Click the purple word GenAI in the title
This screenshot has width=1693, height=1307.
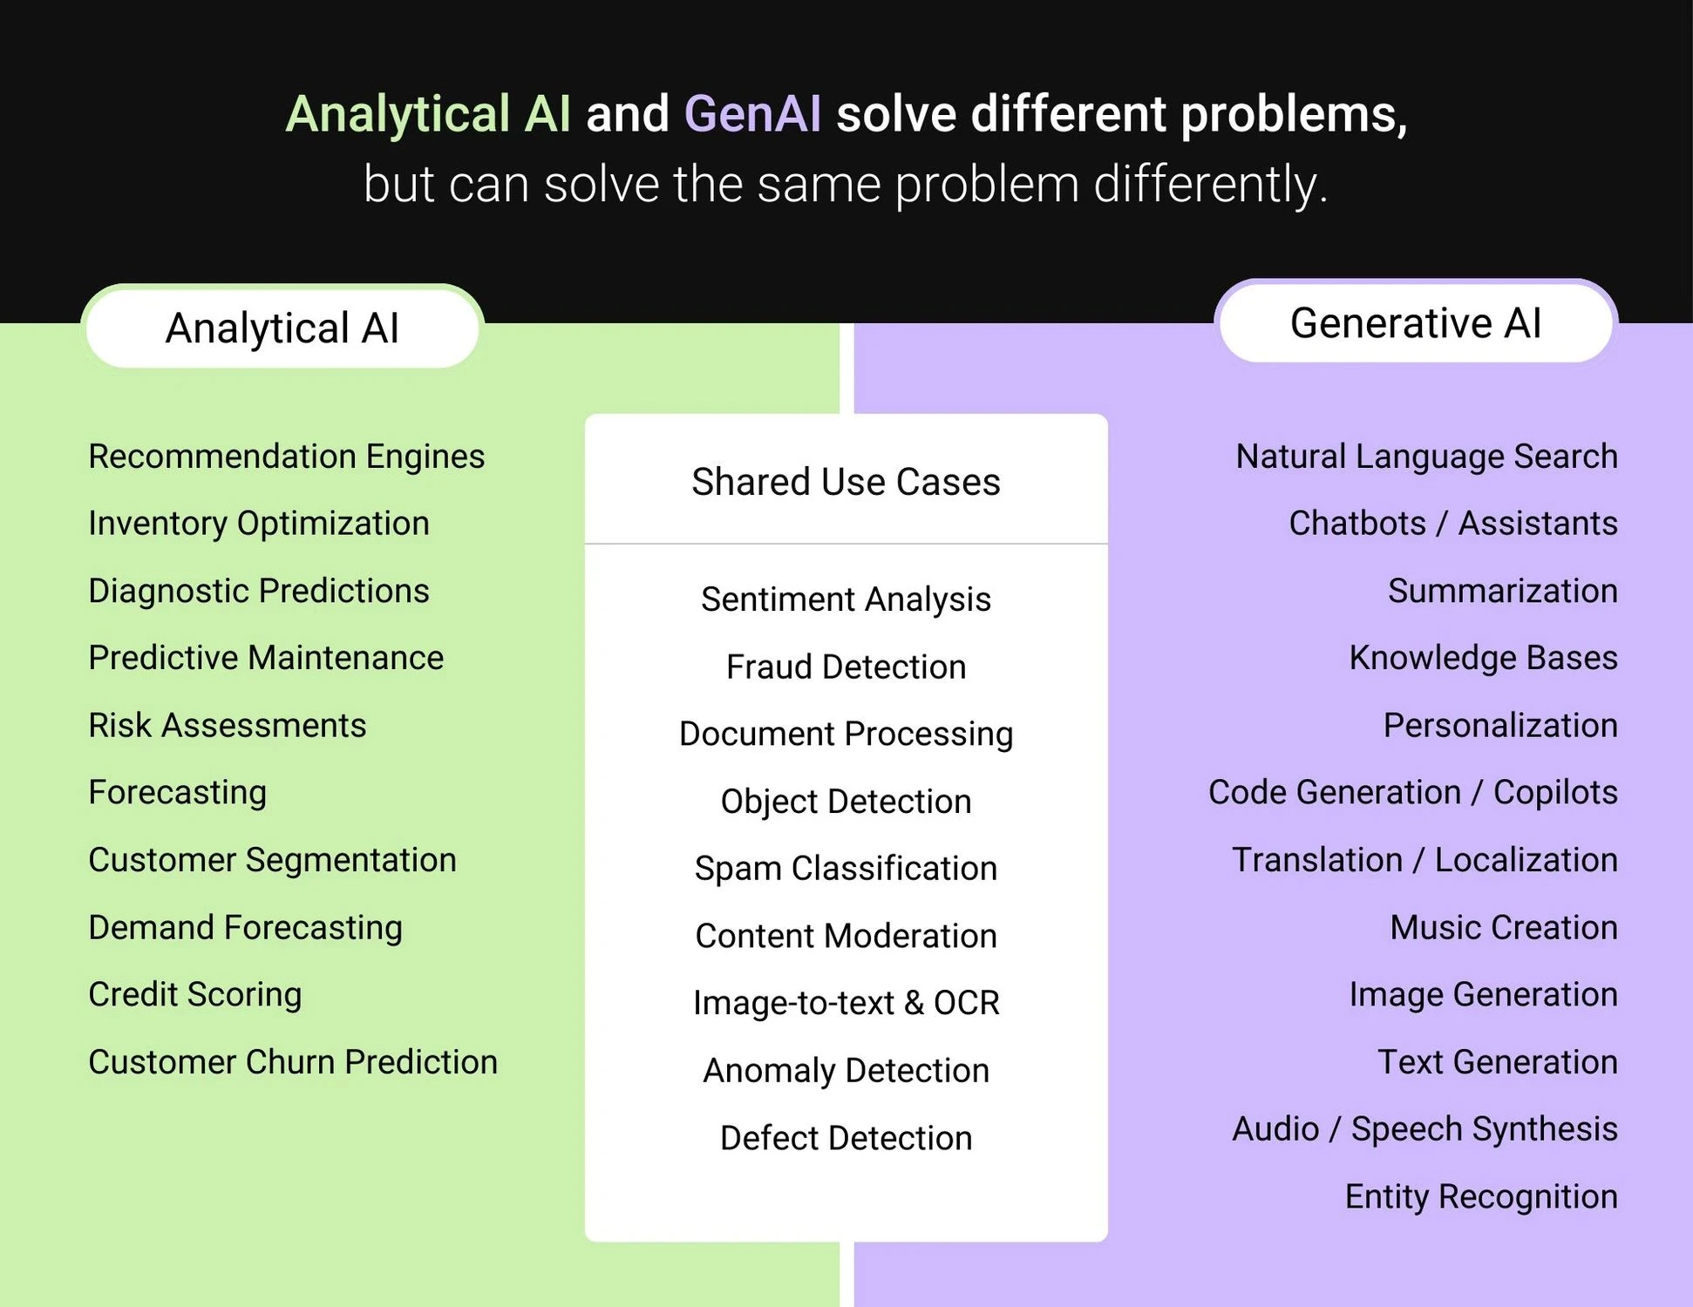coord(752,114)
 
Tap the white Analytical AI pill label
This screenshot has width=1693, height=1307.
coord(282,328)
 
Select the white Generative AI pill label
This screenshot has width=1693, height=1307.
coord(1415,323)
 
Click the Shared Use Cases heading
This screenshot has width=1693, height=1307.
coord(846,482)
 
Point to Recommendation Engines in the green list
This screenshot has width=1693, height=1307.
coord(286,457)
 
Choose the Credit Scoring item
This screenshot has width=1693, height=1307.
coord(195,994)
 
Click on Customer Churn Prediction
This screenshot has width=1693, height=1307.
coord(293,1062)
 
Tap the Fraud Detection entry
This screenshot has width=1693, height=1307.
coord(846,667)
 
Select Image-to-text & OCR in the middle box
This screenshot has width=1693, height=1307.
coord(846,1003)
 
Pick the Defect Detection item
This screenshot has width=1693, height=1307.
coord(846,1138)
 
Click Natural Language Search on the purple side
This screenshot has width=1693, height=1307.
coord(1426,457)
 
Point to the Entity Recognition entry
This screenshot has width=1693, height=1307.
coord(1480,1196)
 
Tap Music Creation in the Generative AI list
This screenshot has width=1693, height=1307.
coord(1503,927)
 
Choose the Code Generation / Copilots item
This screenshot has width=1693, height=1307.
coord(1412,792)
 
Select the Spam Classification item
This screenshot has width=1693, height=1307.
coord(846,869)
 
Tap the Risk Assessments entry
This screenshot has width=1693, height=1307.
coord(228,725)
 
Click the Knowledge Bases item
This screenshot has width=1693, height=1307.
coord(1483,658)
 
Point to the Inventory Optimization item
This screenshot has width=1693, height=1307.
coord(259,524)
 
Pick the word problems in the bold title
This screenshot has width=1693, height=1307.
coord(1294,114)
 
